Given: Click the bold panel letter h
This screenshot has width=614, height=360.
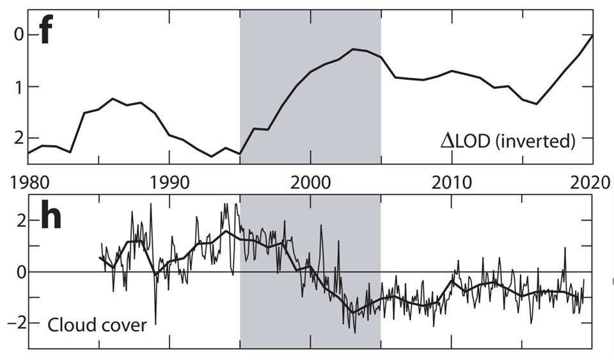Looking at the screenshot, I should click(51, 218).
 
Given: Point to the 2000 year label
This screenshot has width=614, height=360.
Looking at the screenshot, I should click(310, 182).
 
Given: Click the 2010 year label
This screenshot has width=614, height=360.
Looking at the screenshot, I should click(452, 182).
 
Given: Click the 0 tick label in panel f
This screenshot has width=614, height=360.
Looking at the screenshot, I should click(18, 35).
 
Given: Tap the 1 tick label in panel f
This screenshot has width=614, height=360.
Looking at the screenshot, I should click(18, 86).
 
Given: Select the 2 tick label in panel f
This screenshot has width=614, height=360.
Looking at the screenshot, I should click(18, 137).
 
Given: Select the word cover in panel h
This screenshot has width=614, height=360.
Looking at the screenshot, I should click(121, 325).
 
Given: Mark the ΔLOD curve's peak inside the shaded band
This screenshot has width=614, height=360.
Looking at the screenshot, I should click(354, 49).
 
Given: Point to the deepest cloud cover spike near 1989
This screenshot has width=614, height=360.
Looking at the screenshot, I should click(155, 324).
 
